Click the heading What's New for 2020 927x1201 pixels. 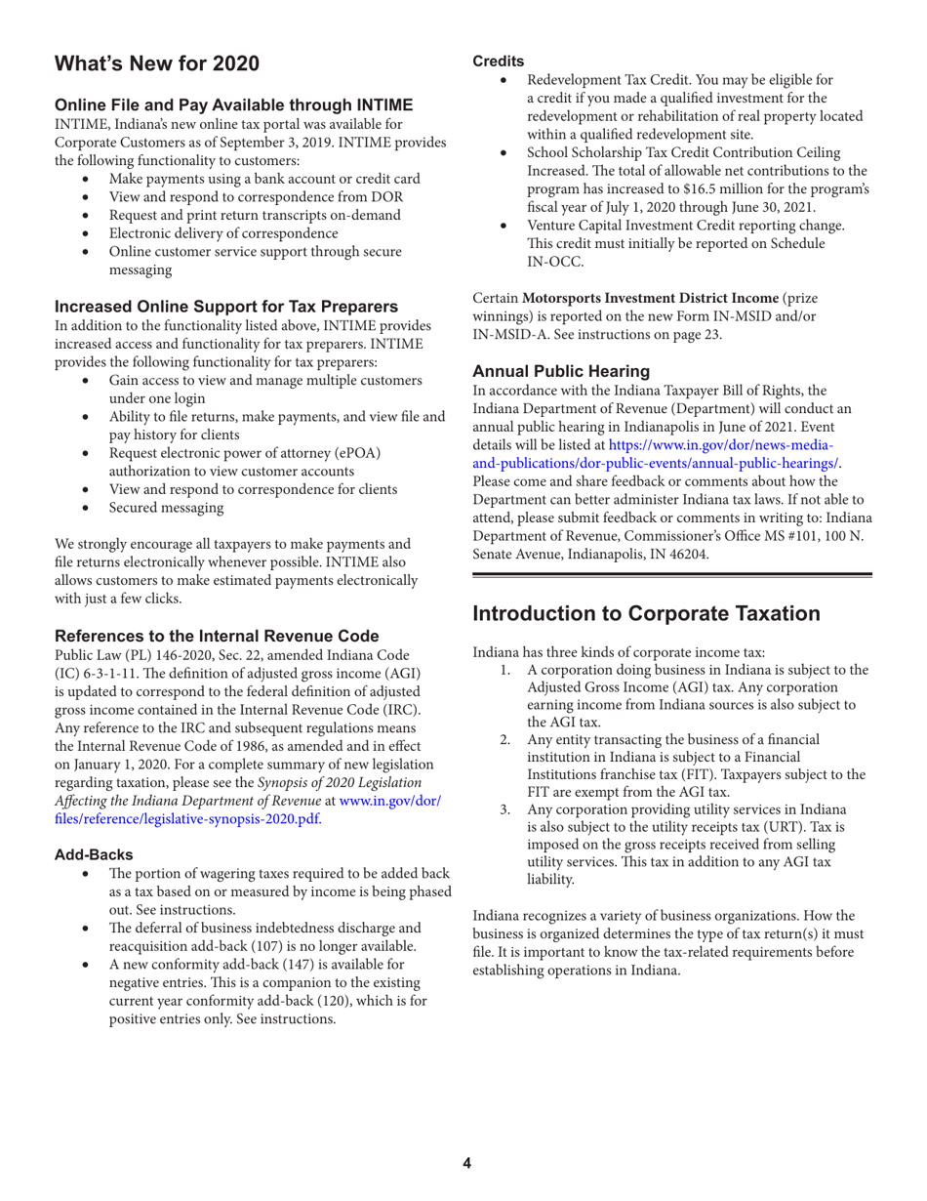[157, 64]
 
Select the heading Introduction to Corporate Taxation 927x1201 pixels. [647, 613]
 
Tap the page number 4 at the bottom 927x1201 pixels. [466, 1163]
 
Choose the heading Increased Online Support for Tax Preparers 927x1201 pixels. [225, 310]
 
